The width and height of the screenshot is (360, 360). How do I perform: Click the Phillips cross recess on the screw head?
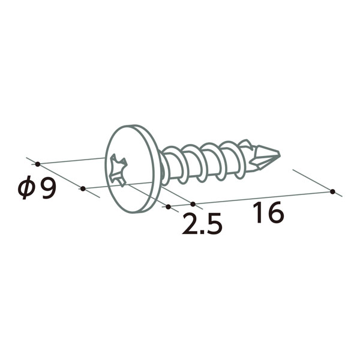118,170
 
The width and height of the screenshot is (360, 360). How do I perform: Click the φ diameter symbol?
26,187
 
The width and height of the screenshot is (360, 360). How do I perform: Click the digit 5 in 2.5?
214,224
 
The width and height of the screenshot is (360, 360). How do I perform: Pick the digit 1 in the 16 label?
258,212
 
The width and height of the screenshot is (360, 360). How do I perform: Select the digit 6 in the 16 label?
275,212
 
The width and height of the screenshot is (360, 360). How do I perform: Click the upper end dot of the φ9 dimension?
38,164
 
